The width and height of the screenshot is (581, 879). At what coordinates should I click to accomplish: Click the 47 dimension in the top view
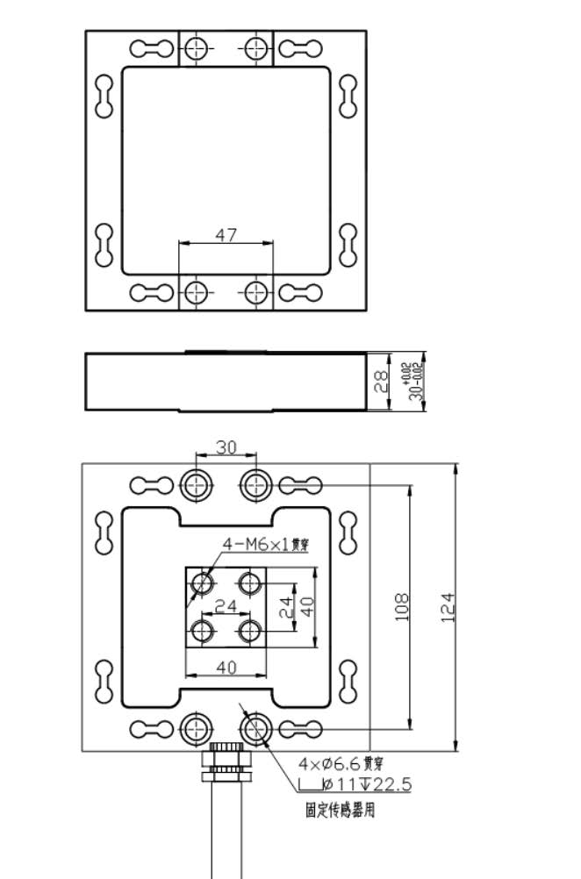(x=226, y=234)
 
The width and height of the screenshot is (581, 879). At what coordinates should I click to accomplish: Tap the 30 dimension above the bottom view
(x=226, y=447)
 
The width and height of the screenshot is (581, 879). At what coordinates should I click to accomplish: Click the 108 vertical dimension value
(x=403, y=606)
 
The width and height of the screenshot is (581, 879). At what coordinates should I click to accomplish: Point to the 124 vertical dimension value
(x=448, y=606)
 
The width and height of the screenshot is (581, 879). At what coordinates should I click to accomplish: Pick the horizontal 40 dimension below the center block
(x=226, y=668)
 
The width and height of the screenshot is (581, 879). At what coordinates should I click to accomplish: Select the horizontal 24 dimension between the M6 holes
(x=226, y=605)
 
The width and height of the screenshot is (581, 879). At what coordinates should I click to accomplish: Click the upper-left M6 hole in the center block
(x=204, y=582)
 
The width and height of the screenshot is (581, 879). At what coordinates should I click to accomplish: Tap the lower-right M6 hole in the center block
(x=250, y=630)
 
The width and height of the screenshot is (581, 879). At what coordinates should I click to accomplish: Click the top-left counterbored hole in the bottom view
(x=195, y=483)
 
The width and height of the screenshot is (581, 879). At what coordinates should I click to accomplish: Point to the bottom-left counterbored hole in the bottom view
(x=195, y=728)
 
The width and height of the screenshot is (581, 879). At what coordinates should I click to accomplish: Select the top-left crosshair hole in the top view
(x=197, y=47)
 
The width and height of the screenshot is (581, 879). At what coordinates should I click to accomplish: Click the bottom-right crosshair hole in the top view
(x=255, y=291)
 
